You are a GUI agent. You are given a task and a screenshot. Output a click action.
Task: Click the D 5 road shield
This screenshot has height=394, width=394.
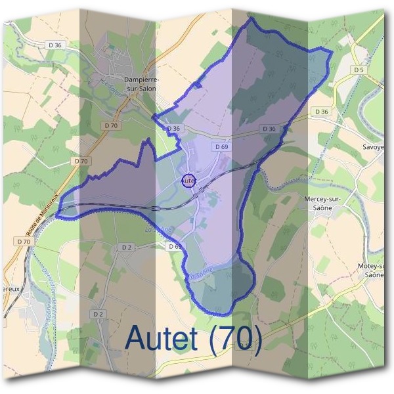[358, 70]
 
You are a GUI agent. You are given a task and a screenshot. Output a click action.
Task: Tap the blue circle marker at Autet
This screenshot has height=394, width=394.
[188, 180]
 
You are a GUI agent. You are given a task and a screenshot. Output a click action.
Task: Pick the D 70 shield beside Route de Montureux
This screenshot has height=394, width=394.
[24, 242]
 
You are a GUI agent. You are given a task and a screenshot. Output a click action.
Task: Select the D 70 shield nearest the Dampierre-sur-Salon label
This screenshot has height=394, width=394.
[110, 125]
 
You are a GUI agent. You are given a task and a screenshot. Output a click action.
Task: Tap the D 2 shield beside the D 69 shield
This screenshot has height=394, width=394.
[127, 247]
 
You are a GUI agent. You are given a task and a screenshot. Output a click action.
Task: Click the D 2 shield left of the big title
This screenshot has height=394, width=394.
[98, 315]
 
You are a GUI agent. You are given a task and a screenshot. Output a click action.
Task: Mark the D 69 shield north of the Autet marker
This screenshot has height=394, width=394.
[220, 147]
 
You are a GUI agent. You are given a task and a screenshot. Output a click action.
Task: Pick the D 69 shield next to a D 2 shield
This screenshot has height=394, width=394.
[175, 246]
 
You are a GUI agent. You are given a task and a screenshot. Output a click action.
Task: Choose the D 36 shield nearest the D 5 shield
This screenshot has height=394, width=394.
[321, 112]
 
